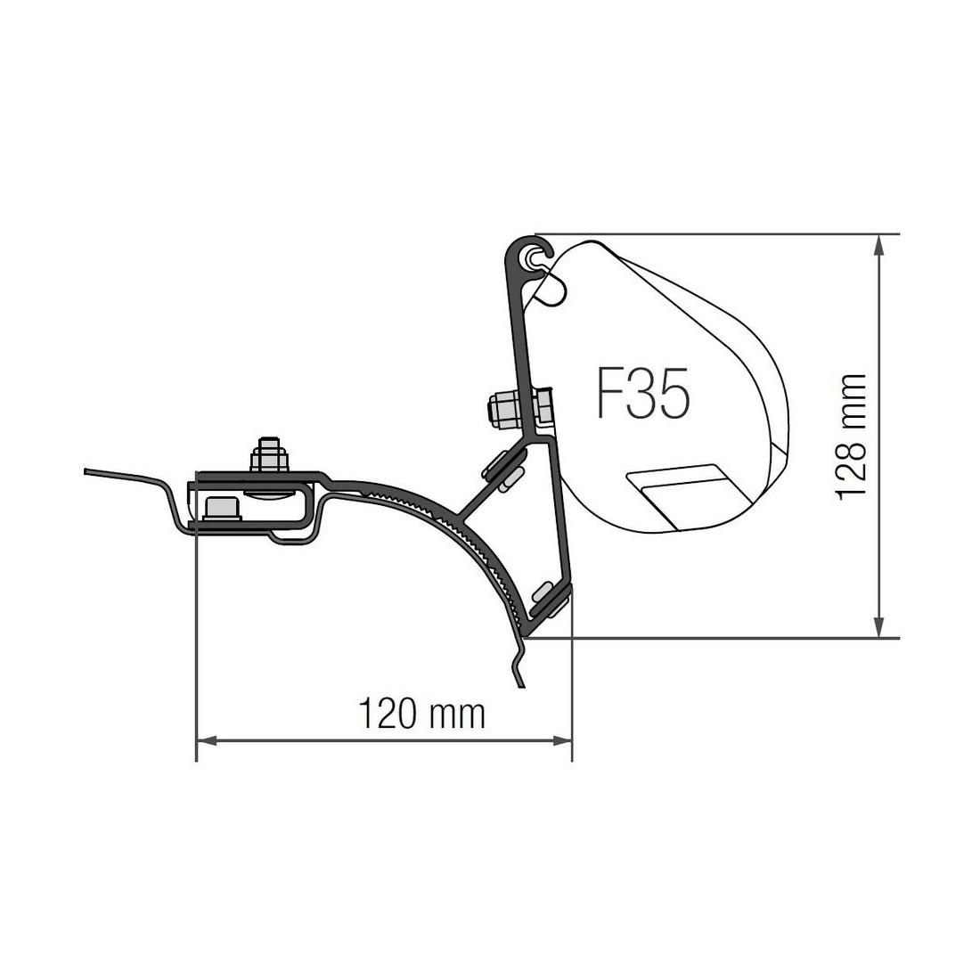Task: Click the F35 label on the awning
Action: coord(643,393)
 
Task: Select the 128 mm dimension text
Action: coord(851,437)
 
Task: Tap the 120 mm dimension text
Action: coord(422,715)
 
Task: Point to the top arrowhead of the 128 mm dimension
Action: coord(879,245)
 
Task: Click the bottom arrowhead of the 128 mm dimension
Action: coord(879,627)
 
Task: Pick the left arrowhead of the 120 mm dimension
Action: coord(207,740)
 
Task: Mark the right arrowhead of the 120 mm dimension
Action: coord(562,740)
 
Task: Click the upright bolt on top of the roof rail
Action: coord(269,454)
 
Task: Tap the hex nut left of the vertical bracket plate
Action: coord(503,411)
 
